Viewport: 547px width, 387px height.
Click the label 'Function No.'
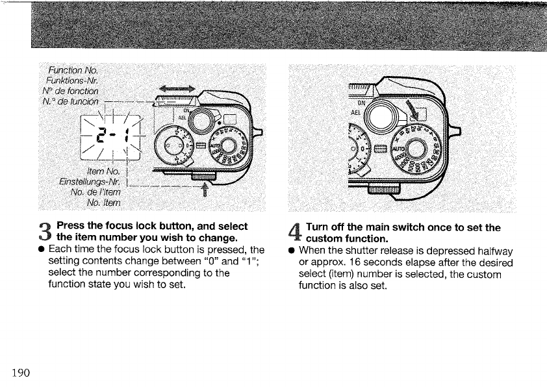(77, 70)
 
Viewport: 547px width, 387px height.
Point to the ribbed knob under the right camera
(382, 190)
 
